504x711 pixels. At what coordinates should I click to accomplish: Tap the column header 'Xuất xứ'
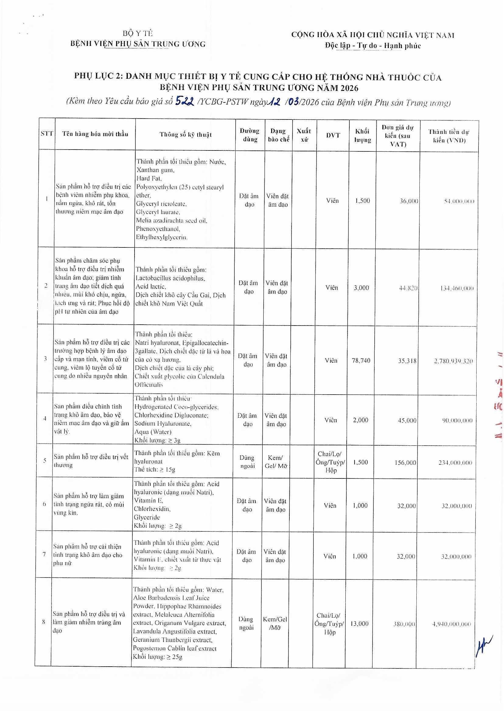click(303, 135)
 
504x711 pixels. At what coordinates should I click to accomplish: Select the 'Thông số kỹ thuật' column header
click(185, 135)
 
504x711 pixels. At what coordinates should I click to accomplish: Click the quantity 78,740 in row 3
click(361, 361)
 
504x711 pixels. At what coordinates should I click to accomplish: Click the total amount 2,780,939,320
click(453, 361)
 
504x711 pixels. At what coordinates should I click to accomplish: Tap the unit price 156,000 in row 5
click(406, 462)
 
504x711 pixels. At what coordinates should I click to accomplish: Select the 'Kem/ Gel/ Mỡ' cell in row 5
click(276, 462)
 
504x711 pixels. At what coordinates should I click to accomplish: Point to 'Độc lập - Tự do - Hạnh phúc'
click(373, 46)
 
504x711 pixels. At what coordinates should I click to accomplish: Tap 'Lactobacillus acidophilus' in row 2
click(170, 278)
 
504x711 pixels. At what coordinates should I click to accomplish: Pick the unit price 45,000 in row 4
click(407, 421)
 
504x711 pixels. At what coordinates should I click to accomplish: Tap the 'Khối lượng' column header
click(362, 136)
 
